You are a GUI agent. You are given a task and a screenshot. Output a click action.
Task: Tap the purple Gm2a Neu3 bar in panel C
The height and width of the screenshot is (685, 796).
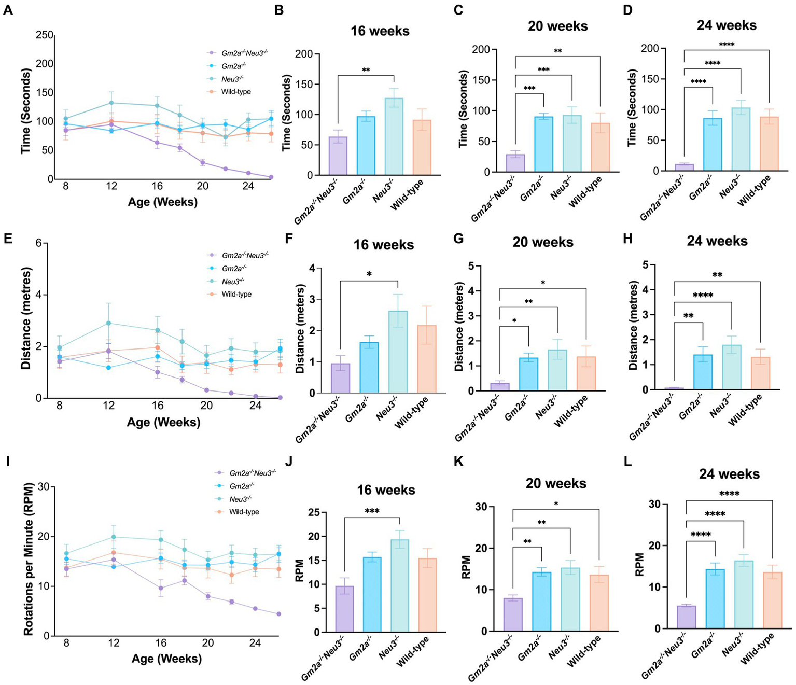pos(515,163)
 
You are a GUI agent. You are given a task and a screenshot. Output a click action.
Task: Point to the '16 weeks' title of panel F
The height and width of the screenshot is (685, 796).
pos(384,245)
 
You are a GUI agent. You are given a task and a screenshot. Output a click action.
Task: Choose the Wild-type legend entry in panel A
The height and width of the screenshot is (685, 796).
pos(236,92)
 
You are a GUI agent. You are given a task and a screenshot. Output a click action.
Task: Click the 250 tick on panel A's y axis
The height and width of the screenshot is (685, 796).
pos(45,35)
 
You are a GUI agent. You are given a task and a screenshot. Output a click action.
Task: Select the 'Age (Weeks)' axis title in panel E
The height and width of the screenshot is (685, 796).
pos(163,422)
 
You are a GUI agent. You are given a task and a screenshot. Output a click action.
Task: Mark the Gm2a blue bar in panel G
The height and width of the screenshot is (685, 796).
pos(528,374)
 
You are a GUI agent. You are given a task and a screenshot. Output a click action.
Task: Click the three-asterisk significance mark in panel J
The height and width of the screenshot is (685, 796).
pos(372,511)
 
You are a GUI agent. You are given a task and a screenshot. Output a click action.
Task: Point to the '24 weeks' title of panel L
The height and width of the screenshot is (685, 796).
pos(729,474)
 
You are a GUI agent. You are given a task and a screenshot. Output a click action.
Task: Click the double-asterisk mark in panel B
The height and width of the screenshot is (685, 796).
pos(366,70)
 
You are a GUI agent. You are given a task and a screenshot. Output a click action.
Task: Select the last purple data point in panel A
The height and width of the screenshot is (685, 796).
pos(271,177)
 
